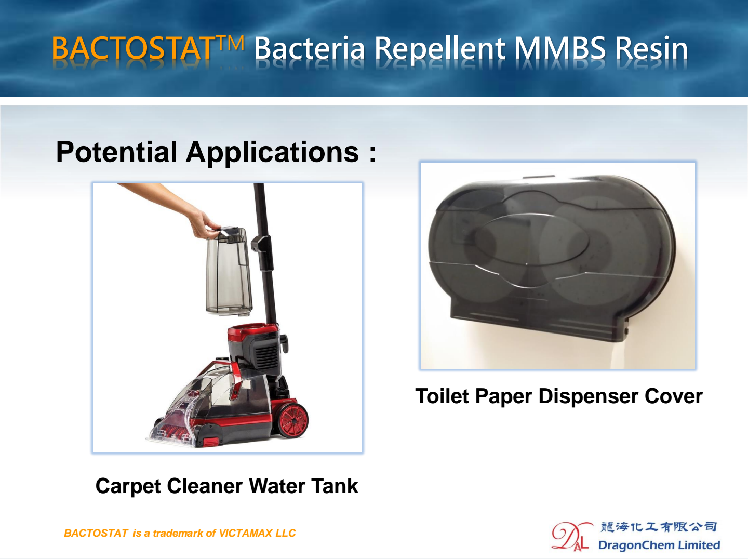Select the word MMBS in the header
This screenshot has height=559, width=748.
tap(560, 48)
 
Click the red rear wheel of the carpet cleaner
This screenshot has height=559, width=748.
tap(293, 421)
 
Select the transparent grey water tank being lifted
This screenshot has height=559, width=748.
tap(229, 271)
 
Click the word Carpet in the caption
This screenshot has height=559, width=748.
tap(128, 486)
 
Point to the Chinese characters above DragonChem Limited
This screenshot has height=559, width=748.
tap(658, 527)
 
